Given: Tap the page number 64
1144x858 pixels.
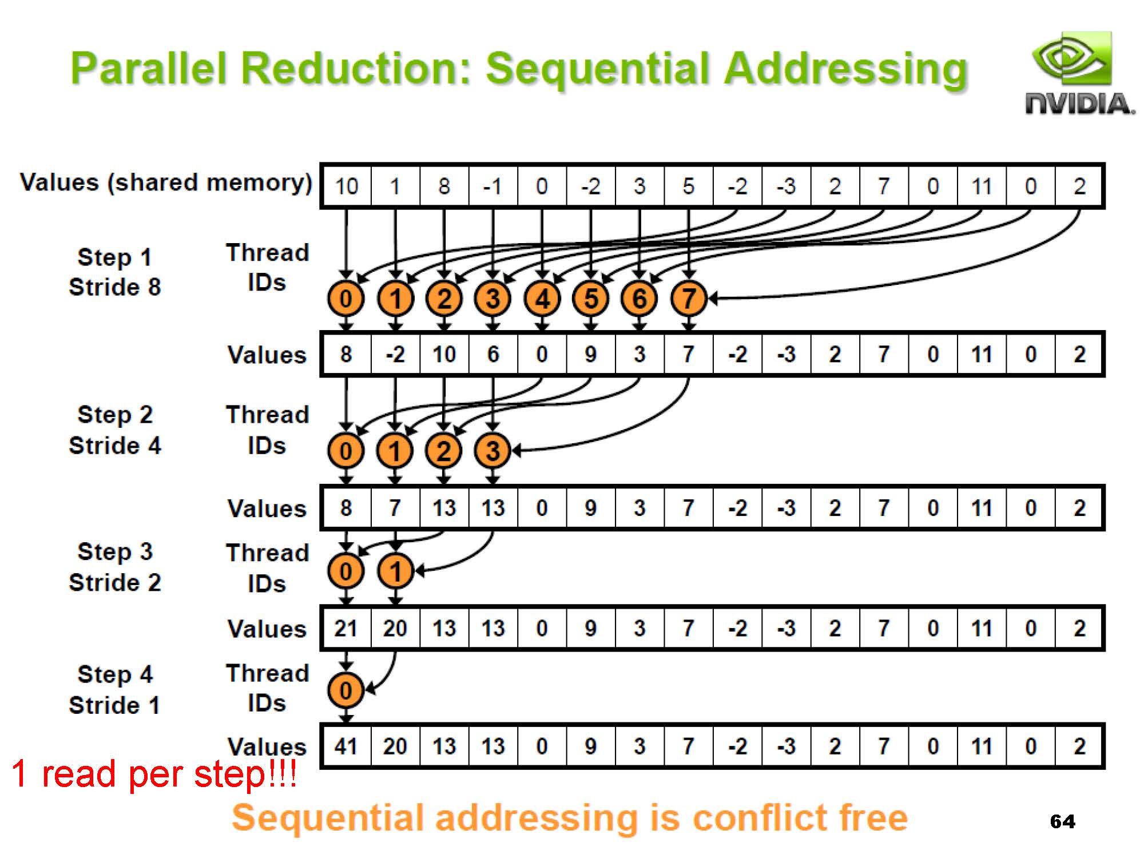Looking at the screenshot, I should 1062,822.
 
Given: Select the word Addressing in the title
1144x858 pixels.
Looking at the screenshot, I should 845,69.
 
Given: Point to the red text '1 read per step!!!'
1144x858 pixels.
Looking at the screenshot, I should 153,774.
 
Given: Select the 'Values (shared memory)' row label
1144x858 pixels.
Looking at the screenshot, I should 166,183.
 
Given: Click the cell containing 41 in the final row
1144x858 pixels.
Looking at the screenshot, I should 346,746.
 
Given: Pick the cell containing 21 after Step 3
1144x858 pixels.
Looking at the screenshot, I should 346,629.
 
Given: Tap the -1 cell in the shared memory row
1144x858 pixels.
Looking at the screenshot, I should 492,186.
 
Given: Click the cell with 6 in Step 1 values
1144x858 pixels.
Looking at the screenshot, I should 492,355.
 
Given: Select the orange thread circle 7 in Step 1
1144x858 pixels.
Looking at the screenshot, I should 689,298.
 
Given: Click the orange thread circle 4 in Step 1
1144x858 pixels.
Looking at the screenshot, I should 542,298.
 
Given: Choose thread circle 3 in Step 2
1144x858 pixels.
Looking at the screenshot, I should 492,451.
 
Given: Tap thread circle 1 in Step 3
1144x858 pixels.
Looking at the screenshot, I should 395,571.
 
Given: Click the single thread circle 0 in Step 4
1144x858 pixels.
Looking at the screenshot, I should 346,690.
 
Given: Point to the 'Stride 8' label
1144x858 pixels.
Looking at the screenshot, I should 115,287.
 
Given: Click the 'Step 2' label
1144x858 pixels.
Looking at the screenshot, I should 115,415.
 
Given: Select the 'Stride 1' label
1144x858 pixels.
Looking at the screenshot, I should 115,705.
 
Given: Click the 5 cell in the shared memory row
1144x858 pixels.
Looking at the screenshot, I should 689,186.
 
